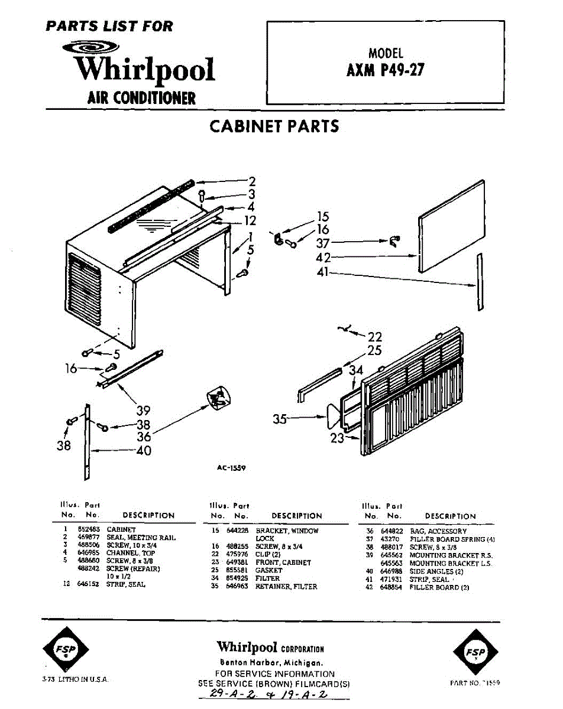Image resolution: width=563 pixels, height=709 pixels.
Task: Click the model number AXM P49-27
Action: pyautogui.click(x=385, y=70)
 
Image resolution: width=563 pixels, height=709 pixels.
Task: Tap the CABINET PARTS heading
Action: pyautogui.click(x=274, y=126)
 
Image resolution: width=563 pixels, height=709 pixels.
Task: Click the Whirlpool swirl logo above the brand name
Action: pyautogui.click(x=95, y=48)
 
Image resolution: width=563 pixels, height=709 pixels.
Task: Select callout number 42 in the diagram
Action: pyautogui.click(x=323, y=257)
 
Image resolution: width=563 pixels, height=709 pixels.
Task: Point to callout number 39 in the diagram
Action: pyautogui.click(x=143, y=411)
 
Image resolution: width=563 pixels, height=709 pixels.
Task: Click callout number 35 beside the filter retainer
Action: pyautogui.click(x=280, y=419)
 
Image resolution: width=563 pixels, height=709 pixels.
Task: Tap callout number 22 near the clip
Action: pyautogui.click(x=375, y=337)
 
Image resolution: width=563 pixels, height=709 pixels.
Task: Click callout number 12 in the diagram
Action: pyautogui.click(x=250, y=220)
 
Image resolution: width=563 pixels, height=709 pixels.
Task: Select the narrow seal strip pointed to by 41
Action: pyautogui.click(x=480, y=282)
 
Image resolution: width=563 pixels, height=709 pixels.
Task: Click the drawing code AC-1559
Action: pyautogui.click(x=231, y=467)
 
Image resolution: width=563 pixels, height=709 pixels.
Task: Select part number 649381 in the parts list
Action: pyautogui.click(x=235, y=562)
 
